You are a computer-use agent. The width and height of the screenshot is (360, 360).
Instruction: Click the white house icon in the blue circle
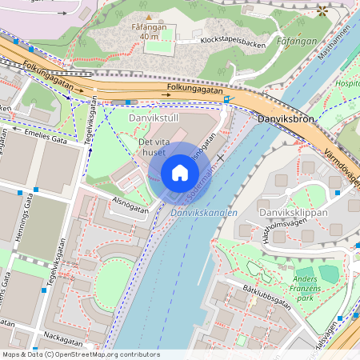[x=180, y=173]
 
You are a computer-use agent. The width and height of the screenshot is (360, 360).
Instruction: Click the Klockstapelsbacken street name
[x=234, y=40]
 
